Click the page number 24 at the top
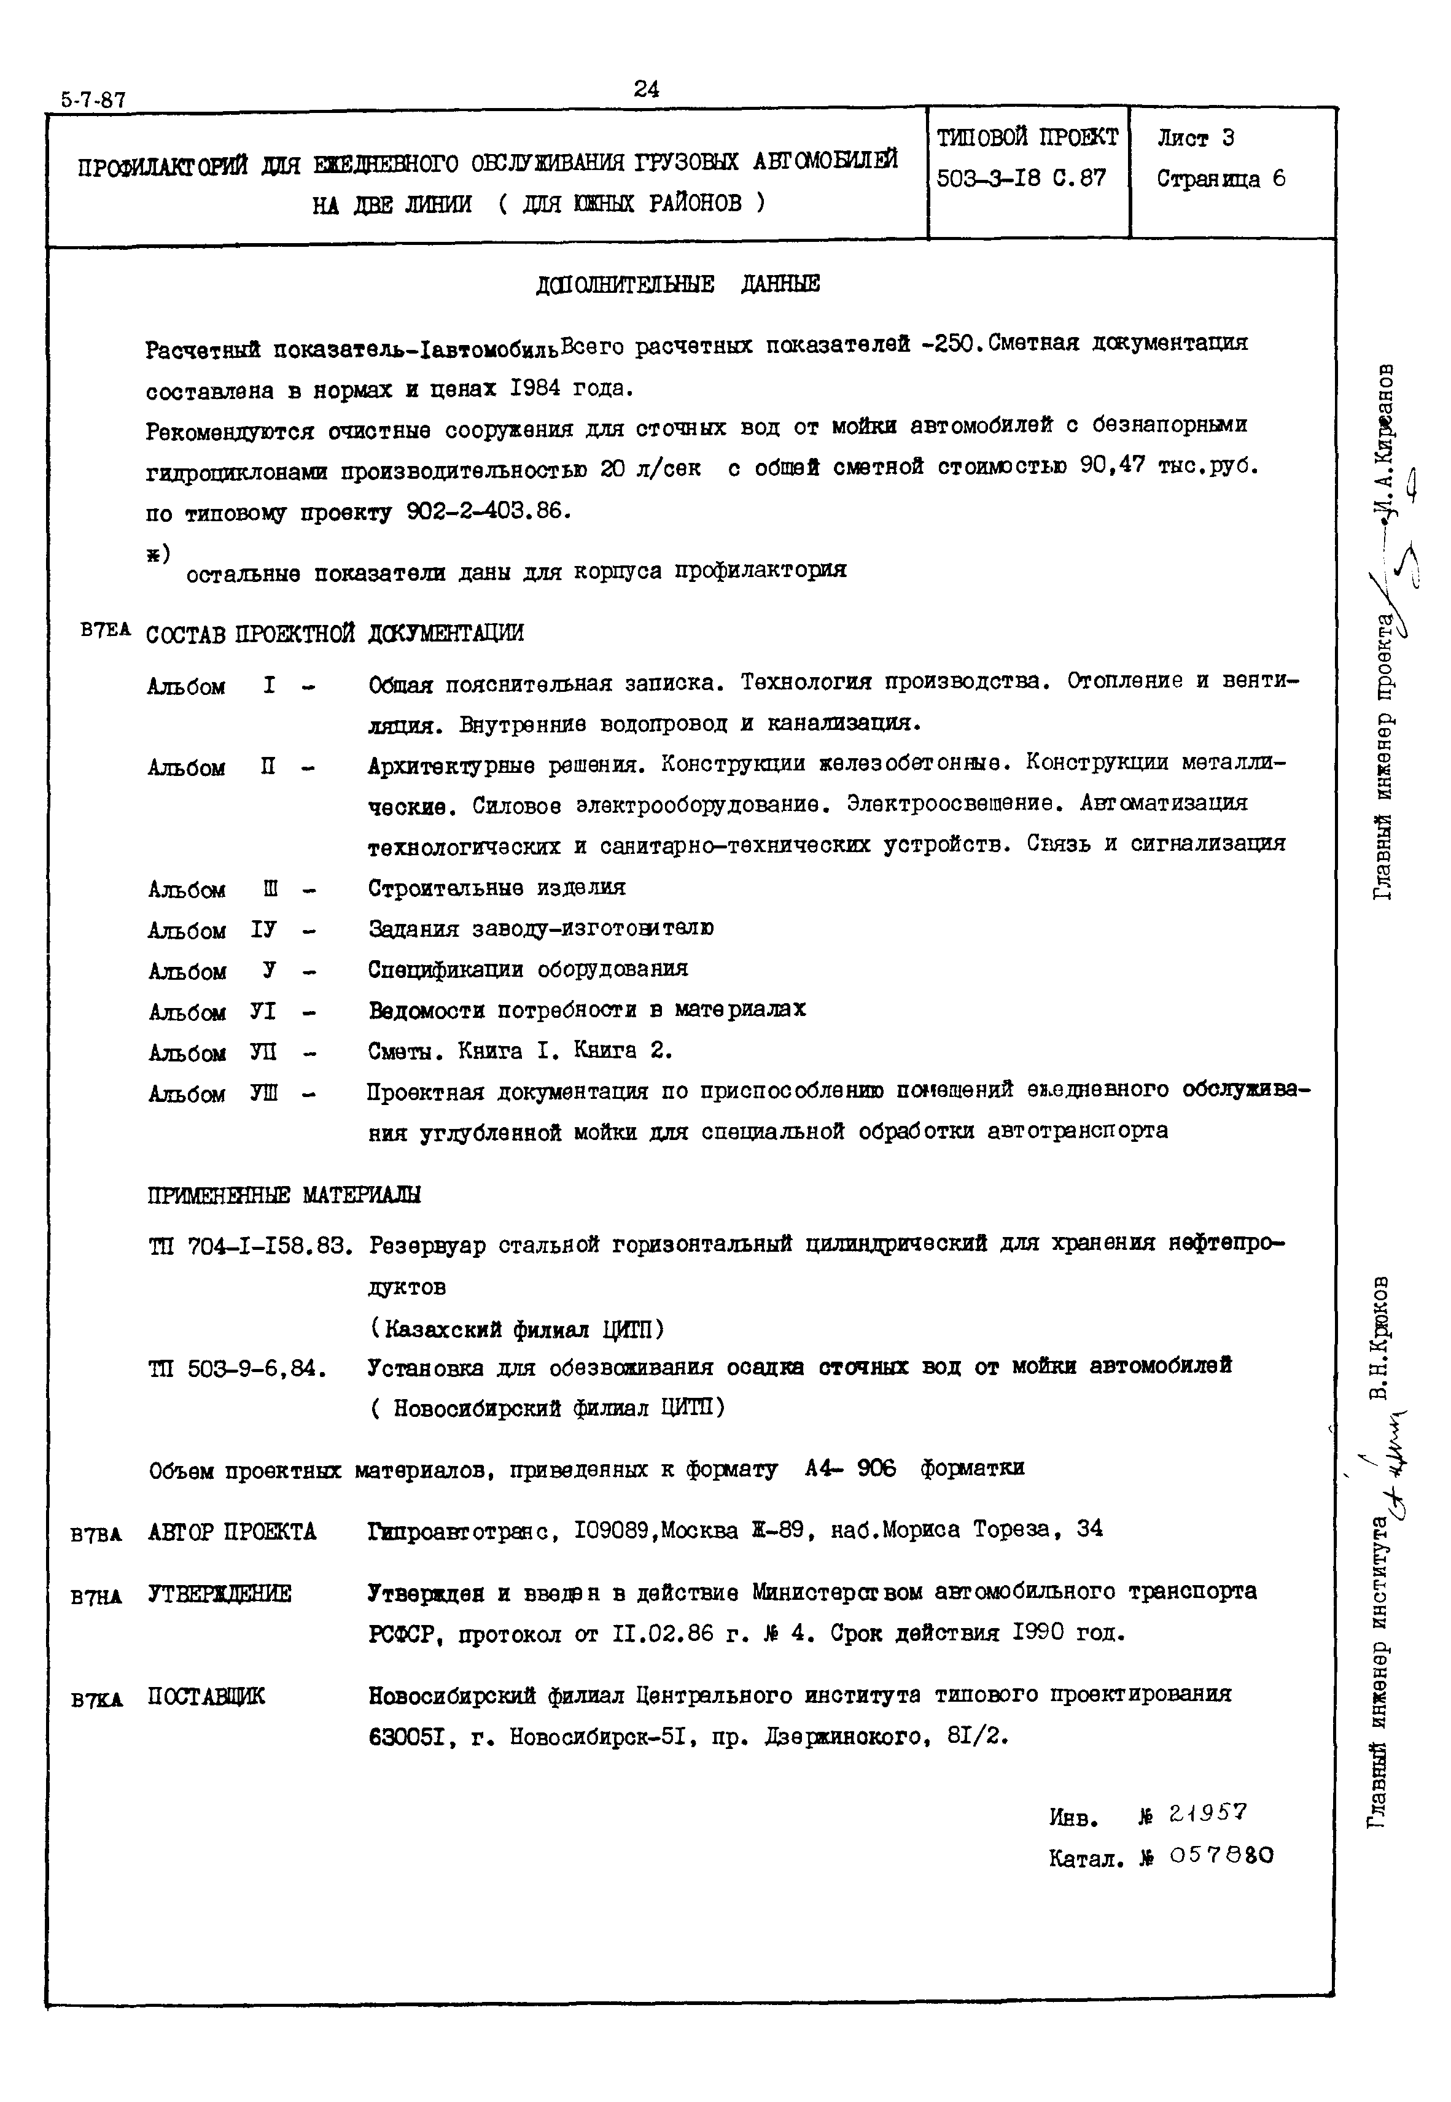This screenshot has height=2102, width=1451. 647,89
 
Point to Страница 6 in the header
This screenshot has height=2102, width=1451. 1220,179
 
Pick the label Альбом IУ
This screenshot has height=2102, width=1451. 212,931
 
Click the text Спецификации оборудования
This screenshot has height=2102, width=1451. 527,970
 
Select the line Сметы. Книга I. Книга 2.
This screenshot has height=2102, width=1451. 520,1052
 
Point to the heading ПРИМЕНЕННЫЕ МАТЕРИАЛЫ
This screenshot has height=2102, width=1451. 284,1195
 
